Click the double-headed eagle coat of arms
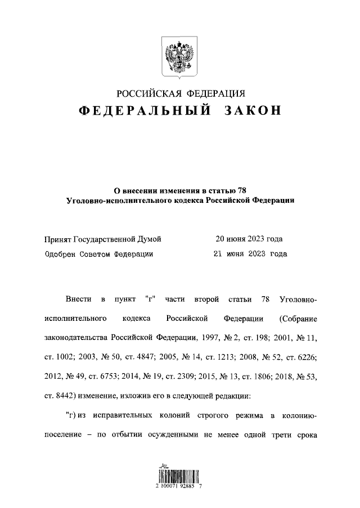(179, 57)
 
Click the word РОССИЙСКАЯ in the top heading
(151, 93)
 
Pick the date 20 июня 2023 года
(249, 239)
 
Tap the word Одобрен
(61, 253)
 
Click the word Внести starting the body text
(77, 297)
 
